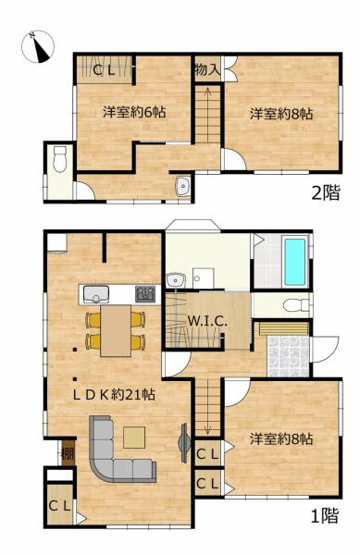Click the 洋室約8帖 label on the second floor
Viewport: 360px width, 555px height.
click(280, 115)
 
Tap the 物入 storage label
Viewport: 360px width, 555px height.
click(206, 69)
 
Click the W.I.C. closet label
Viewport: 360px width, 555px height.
click(208, 322)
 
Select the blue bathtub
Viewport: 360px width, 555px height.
click(295, 262)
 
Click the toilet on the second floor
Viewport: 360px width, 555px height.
click(60, 159)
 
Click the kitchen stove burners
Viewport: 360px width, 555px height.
click(146, 294)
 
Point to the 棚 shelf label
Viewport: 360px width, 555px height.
click(67, 453)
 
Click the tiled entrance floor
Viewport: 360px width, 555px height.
click(285, 354)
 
